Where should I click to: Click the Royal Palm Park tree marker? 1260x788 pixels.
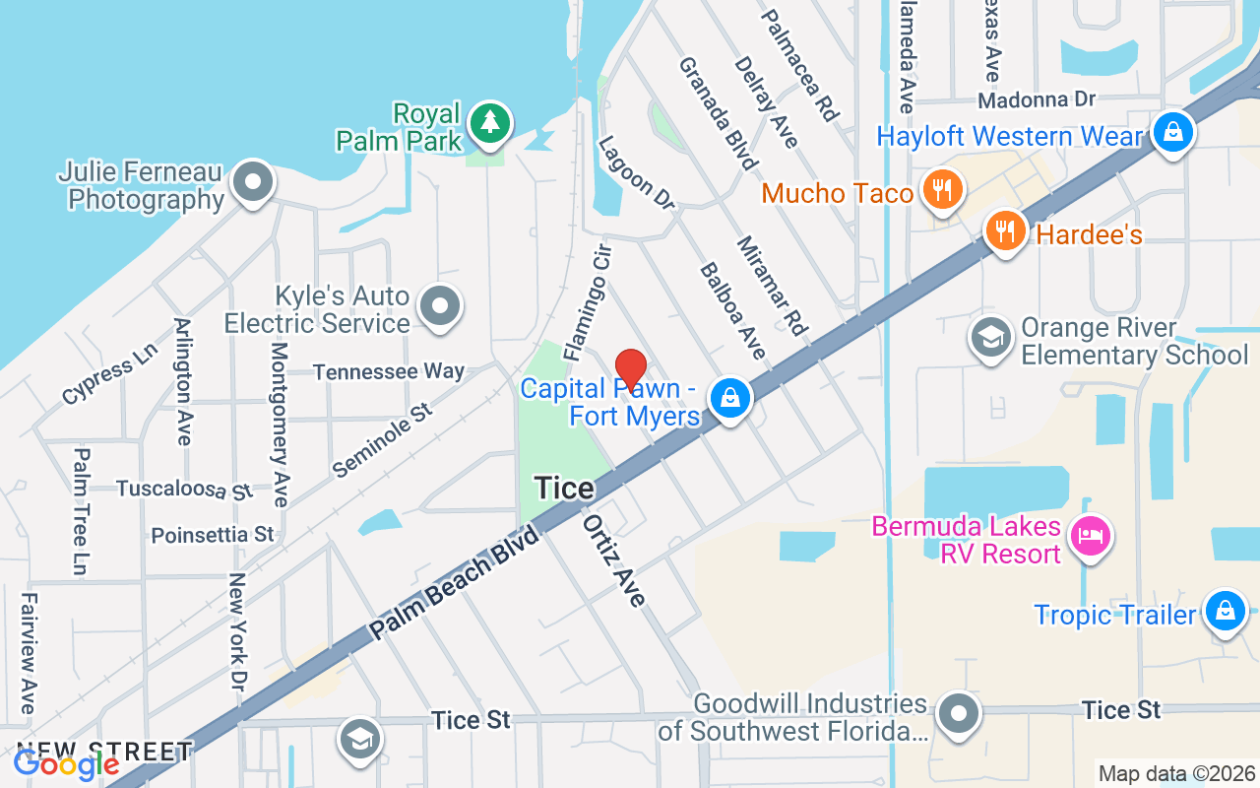click(x=489, y=123)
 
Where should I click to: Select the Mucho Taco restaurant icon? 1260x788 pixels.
click(x=943, y=190)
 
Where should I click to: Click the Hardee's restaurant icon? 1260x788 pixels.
click(x=1005, y=232)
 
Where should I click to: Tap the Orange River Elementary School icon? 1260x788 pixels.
click(x=991, y=338)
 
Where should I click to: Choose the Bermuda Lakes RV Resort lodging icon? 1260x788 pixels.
click(x=1093, y=537)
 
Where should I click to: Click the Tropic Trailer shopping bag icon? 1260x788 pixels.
click(x=1225, y=610)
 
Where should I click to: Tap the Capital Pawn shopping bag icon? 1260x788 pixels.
click(x=729, y=398)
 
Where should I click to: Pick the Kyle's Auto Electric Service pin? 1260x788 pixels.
click(x=439, y=306)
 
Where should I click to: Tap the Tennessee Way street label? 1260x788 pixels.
click(x=388, y=371)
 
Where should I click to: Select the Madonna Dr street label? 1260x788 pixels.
click(x=1036, y=99)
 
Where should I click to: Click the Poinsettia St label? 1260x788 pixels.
click(x=212, y=535)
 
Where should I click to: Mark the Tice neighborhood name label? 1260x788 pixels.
click(x=564, y=488)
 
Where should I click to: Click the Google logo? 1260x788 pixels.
click(x=66, y=763)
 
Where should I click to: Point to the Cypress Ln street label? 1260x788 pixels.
click(x=108, y=374)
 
